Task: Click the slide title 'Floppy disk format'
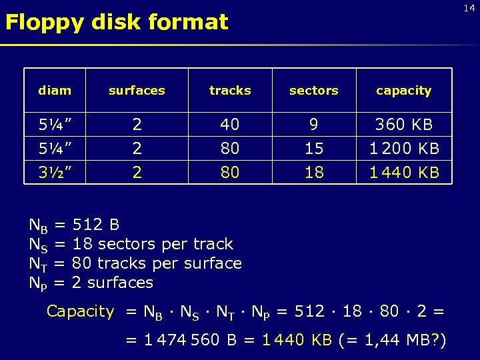pos(117,23)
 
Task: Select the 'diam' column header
pos(55,91)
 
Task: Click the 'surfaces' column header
pos(137,91)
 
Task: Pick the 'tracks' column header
pos(230,91)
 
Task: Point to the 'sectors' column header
pos(314,91)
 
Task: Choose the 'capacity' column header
pos(403,91)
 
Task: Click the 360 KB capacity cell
pos(404,125)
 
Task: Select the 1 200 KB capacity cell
pos(404,149)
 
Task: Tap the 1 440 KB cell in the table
pos(404,173)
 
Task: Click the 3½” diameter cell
pos(55,173)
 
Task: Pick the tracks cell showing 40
pos(230,125)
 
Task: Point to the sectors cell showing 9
pos(314,125)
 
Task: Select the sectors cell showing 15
pos(314,149)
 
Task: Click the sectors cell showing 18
pos(314,173)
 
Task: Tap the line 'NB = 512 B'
pos(74,225)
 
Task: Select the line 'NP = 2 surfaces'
pos(91,283)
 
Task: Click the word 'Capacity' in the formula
pos(81,311)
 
